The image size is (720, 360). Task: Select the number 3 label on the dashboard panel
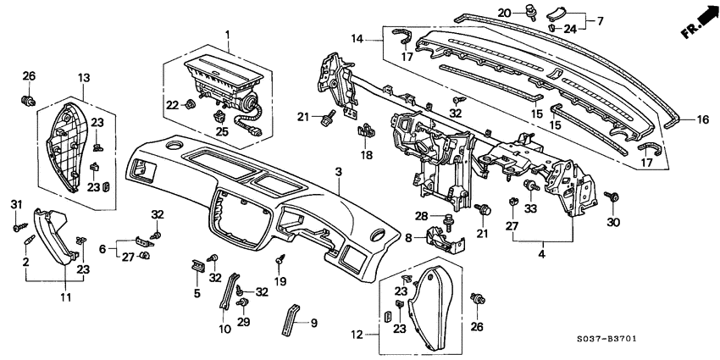338,172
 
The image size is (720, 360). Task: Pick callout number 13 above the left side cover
83,78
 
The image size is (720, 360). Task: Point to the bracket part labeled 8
448,236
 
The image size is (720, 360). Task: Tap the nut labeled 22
191,105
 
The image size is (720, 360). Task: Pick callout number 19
280,282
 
